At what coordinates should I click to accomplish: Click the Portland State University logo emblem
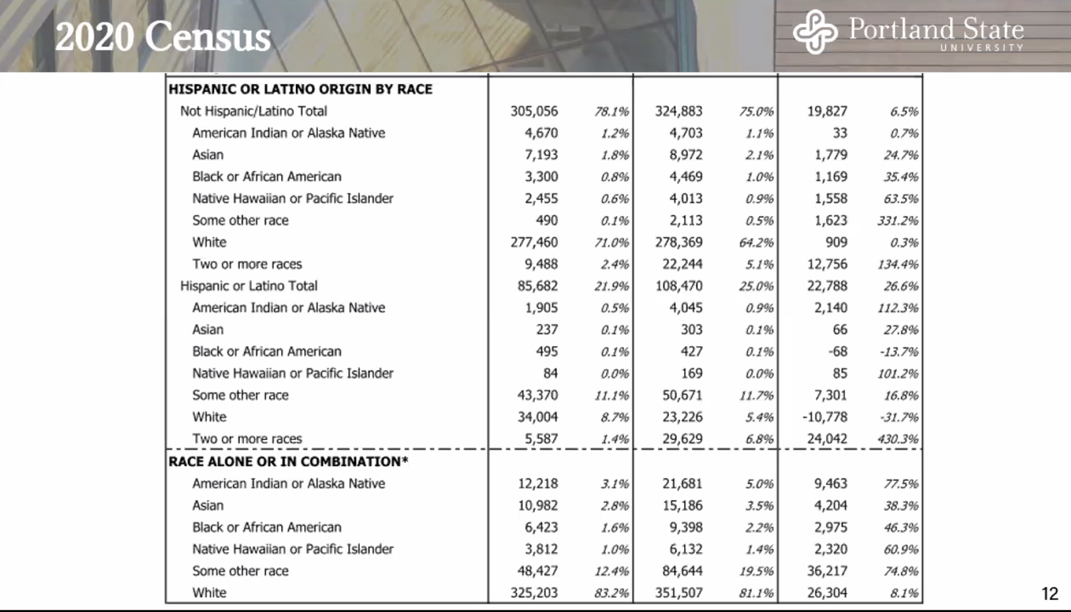coord(815,32)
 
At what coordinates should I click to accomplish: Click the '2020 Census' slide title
coord(163,37)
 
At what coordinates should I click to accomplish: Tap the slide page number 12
coord(1049,593)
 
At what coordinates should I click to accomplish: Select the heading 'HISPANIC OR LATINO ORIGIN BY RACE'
coord(300,89)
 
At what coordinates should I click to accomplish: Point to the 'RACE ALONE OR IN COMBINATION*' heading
coord(288,461)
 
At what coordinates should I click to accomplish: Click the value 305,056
coord(534,111)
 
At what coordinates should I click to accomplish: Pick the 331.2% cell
coord(898,220)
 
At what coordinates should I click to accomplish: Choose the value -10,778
coord(824,417)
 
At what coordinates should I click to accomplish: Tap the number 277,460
coord(534,243)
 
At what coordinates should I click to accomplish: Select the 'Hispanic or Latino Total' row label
coord(249,286)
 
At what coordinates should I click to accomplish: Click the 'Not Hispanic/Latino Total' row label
coord(253,111)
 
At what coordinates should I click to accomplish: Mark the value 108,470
coord(679,286)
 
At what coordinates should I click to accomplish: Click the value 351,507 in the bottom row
coord(679,593)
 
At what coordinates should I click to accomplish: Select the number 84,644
coord(682,571)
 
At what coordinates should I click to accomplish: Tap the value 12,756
coord(827,264)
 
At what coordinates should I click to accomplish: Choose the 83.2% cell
coord(611,593)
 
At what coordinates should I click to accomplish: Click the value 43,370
coord(537,396)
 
